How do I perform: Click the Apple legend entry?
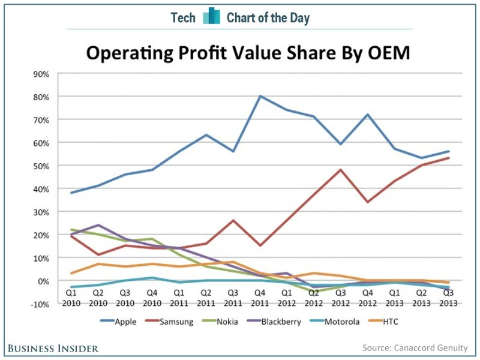125,322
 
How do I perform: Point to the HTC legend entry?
390,322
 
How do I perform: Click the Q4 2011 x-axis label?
260,298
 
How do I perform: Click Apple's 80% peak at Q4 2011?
260,96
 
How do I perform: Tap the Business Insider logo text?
53,348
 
